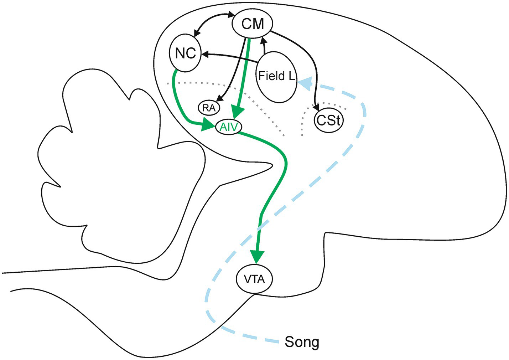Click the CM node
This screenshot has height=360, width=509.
(x=253, y=24)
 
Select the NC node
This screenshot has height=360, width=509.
(x=186, y=53)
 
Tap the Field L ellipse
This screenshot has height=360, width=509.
(x=276, y=76)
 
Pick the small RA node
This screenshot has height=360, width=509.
(x=209, y=108)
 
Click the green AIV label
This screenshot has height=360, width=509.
(x=229, y=127)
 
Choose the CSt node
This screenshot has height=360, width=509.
(x=329, y=120)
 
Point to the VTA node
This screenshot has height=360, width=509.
(x=254, y=279)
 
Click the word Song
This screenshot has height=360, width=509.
(x=302, y=342)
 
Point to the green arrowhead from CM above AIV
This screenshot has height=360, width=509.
(x=238, y=111)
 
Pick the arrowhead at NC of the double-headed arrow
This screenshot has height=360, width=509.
(x=195, y=34)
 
